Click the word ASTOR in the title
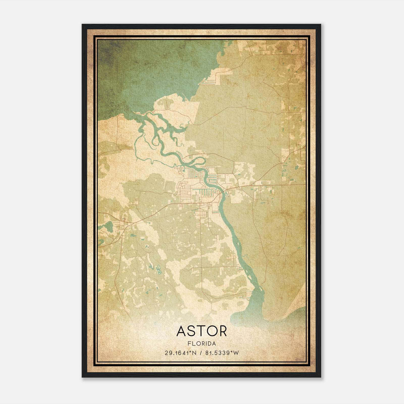coord(201,331)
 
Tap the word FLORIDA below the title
coord(201,344)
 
